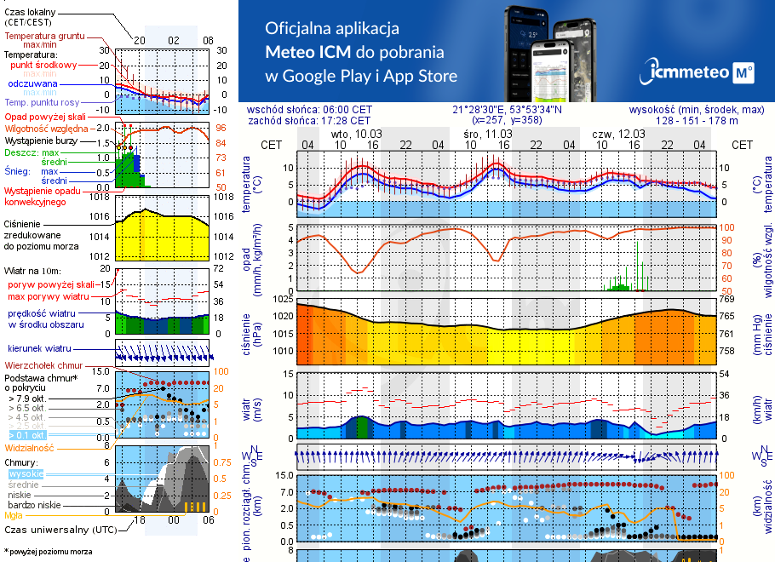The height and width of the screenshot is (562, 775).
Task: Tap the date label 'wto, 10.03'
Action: tap(356, 135)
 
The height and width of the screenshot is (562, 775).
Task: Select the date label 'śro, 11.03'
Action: tap(488, 135)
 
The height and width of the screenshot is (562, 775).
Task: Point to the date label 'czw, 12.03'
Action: tap(618, 135)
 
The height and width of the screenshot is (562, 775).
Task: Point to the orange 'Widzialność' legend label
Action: tap(29, 447)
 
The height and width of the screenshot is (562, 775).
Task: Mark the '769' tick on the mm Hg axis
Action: tap(726, 299)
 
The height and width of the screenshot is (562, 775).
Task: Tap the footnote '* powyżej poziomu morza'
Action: tap(48, 552)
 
